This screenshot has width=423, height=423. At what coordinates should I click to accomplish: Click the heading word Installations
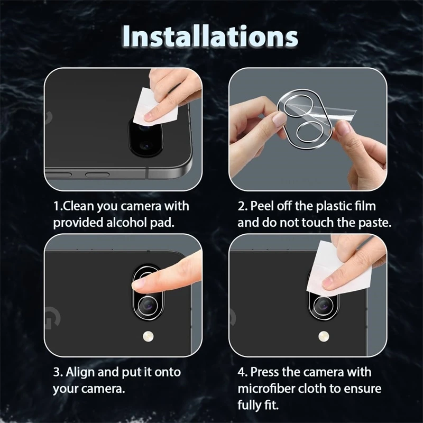[210, 36]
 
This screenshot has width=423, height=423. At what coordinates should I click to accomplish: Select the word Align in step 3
[80, 372]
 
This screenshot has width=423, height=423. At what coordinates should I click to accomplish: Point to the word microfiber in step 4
[265, 389]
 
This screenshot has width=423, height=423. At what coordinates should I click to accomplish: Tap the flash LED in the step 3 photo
[148, 336]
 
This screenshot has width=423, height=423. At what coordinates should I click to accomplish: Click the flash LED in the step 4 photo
[324, 336]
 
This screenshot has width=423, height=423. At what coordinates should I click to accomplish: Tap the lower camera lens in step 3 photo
[148, 305]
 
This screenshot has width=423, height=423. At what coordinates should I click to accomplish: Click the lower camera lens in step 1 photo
[146, 146]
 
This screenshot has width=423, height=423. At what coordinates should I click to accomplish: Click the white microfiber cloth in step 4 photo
[338, 270]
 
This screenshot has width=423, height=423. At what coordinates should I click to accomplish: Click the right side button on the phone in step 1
[97, 175]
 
